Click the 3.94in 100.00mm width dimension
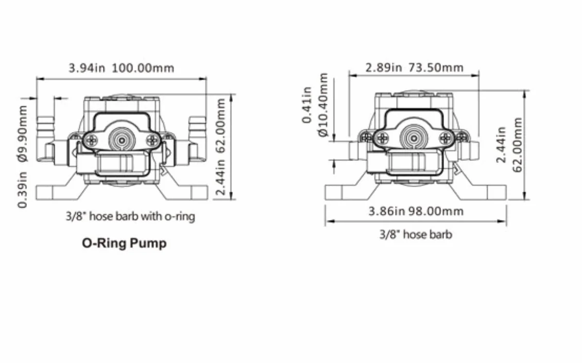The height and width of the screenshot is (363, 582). click(122, 68)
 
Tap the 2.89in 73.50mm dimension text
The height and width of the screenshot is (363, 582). click(415, 67)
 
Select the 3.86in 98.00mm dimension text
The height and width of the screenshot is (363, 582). click(416, 211)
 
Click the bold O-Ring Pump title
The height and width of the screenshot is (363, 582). click(124, 243)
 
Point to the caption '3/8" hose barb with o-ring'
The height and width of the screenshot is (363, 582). click(130, 216)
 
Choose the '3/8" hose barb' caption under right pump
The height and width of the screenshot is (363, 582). click(416, 234)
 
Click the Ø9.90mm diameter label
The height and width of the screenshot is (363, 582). click(23, 134)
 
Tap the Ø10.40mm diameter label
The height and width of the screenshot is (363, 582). click(323, 105)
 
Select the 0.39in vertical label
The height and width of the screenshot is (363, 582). click(23, 190)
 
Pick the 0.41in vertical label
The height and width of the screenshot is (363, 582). click(307, 105)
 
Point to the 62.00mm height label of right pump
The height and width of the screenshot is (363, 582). click(517, 145)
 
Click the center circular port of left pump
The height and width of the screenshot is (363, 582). click(122, 140)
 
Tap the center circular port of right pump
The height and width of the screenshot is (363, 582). click(414, 138)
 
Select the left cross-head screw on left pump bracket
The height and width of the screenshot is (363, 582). click(91, 140)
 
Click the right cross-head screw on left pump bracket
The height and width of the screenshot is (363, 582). click(152, 140)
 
